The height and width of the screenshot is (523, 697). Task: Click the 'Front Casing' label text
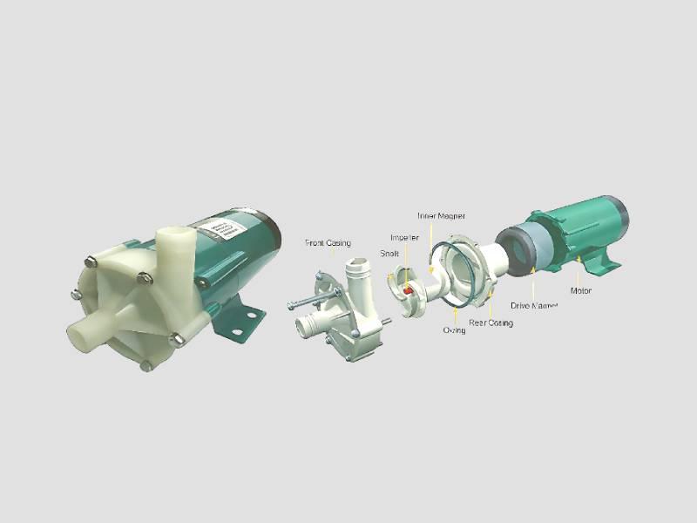[328, 242]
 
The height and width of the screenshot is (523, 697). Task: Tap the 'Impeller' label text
[404, 237]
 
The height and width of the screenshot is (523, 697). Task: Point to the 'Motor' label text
[582, 290]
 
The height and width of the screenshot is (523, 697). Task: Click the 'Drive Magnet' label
[533, 306]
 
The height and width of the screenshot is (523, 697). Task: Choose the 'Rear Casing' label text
[491, 323]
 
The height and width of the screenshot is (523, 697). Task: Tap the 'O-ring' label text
[454, 330]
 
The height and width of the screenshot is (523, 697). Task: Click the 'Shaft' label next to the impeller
[389, 254]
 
